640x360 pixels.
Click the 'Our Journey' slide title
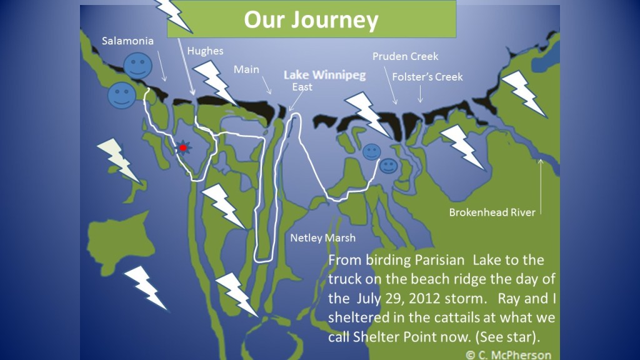tap(311, 20)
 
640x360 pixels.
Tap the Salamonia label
tap(127, 41)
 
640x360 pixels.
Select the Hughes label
tap(205, 51)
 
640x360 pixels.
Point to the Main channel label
tap(246, 69)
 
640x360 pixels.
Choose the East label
tap(302, 87)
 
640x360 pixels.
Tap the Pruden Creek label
tap(405, 56)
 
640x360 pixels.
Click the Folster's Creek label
tap(427, 76)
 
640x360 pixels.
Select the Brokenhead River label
tap(492, 212)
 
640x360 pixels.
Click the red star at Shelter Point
tap(182, 148)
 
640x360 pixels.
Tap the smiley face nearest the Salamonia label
tap(137, 66)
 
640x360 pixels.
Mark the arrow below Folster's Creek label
tap(420, 94)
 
